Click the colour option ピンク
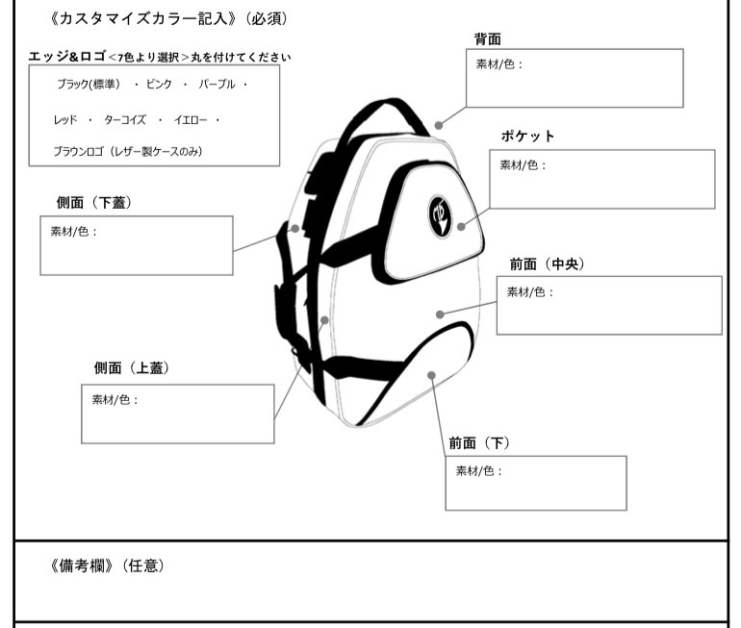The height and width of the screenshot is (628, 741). coord(159,84)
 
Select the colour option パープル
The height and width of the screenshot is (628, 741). coord(217,84)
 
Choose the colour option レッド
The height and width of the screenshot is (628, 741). coord(65,120)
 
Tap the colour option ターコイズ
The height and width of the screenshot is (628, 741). coord(125,120)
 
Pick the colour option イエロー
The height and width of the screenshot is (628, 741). coord(191,120)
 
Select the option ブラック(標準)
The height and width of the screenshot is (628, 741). coord(89,84)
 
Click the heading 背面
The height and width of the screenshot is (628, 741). coord(487,39)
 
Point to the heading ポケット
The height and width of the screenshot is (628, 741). coord(527,137)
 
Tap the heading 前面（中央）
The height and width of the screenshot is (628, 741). coord(548,264)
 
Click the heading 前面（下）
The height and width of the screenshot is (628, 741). coord(479,443)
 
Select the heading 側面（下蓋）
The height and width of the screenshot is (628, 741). coord(94,203)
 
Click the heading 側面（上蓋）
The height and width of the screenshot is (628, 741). coord(132,367)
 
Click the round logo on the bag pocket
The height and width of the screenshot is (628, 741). coord(440,216)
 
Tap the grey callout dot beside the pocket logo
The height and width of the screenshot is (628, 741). coord(461,226)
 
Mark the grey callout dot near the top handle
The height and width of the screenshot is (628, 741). coord(439,125)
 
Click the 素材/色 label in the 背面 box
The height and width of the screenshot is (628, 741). coord(499,64)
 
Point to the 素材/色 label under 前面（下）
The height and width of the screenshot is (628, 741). coord(478,471)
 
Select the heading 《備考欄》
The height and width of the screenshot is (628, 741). coord(81,565)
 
